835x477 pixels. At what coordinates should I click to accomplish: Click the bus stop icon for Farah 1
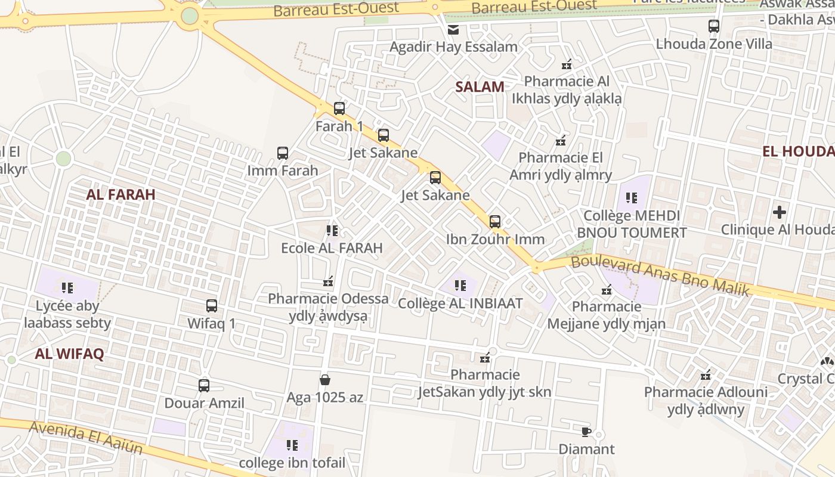(x=339, y=109)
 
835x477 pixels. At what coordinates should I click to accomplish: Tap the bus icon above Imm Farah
(x=283, y=153)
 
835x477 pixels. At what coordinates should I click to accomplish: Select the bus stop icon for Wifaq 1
(x=212, y=306)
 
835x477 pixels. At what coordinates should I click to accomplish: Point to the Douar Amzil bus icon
(x=204, y=386)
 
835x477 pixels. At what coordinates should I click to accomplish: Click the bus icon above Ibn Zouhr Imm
(x=495, y=222)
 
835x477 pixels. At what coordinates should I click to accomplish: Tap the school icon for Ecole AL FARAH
(x=332, y=230)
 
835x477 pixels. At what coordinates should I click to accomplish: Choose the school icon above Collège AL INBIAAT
(x=460, y=286)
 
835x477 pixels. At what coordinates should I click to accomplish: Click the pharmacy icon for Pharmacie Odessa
(x=327, y=281)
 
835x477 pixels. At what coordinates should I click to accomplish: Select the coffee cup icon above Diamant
(x=586, y=432)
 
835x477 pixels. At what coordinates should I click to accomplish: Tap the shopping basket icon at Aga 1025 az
(x=325, y=380)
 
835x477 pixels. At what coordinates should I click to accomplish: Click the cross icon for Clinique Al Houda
(x=779, y=212)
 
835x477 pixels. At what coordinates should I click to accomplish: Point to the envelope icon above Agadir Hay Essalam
(x=453, y=30)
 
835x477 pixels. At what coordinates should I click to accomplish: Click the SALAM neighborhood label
(x=480, y=87)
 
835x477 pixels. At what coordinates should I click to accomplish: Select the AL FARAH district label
(x=120, y=194)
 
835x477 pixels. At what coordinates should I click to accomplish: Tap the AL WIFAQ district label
(x=69, y=354)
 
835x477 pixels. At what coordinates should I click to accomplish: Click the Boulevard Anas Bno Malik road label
(x=660, y=275)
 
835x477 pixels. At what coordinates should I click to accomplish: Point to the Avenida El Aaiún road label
(x=86, y=436)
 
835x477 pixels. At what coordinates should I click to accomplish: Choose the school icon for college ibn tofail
(x=292, y=445)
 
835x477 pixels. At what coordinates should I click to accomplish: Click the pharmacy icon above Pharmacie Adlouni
(x=706, y=375)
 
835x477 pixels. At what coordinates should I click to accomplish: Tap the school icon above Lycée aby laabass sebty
(x=67, y=289)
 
